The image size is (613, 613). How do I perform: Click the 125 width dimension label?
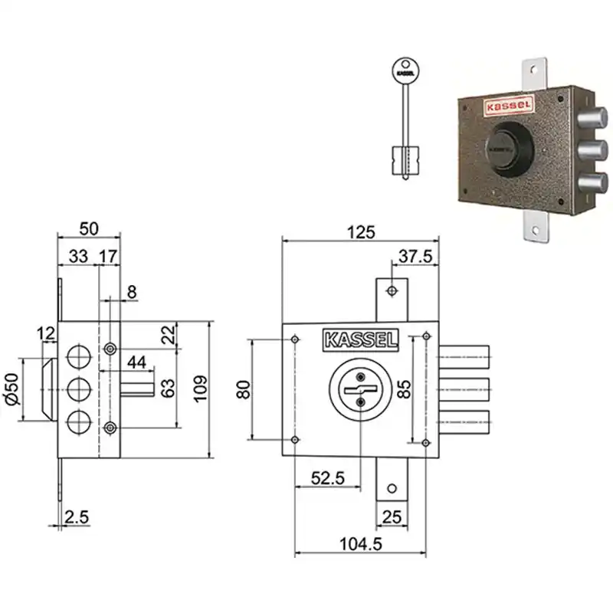point(361,232)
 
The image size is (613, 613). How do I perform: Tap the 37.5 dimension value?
point(415,257)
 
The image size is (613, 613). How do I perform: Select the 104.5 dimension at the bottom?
point(360,544)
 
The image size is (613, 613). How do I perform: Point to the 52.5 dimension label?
point(328,478)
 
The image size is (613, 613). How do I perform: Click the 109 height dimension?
point(201,389)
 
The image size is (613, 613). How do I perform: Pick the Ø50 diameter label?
point(11,389)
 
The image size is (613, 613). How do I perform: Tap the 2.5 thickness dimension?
point(77,516)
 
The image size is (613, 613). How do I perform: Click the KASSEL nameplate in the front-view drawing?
point(360,339)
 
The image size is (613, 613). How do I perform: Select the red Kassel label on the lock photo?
point(509,106)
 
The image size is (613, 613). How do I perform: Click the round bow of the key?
point(405,71)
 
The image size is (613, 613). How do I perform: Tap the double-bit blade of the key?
point(405,160)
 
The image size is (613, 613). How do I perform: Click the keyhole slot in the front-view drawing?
point(360,390)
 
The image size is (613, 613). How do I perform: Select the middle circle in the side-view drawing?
point(79,389)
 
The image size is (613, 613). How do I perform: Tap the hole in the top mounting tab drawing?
point(392,291)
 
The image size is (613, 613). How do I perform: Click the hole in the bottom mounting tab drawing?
point(392,488)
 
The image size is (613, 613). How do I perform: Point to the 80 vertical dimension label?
point(243,389)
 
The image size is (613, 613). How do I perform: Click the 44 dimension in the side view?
point(137,362)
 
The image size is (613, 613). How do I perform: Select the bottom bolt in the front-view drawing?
point(464,422)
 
